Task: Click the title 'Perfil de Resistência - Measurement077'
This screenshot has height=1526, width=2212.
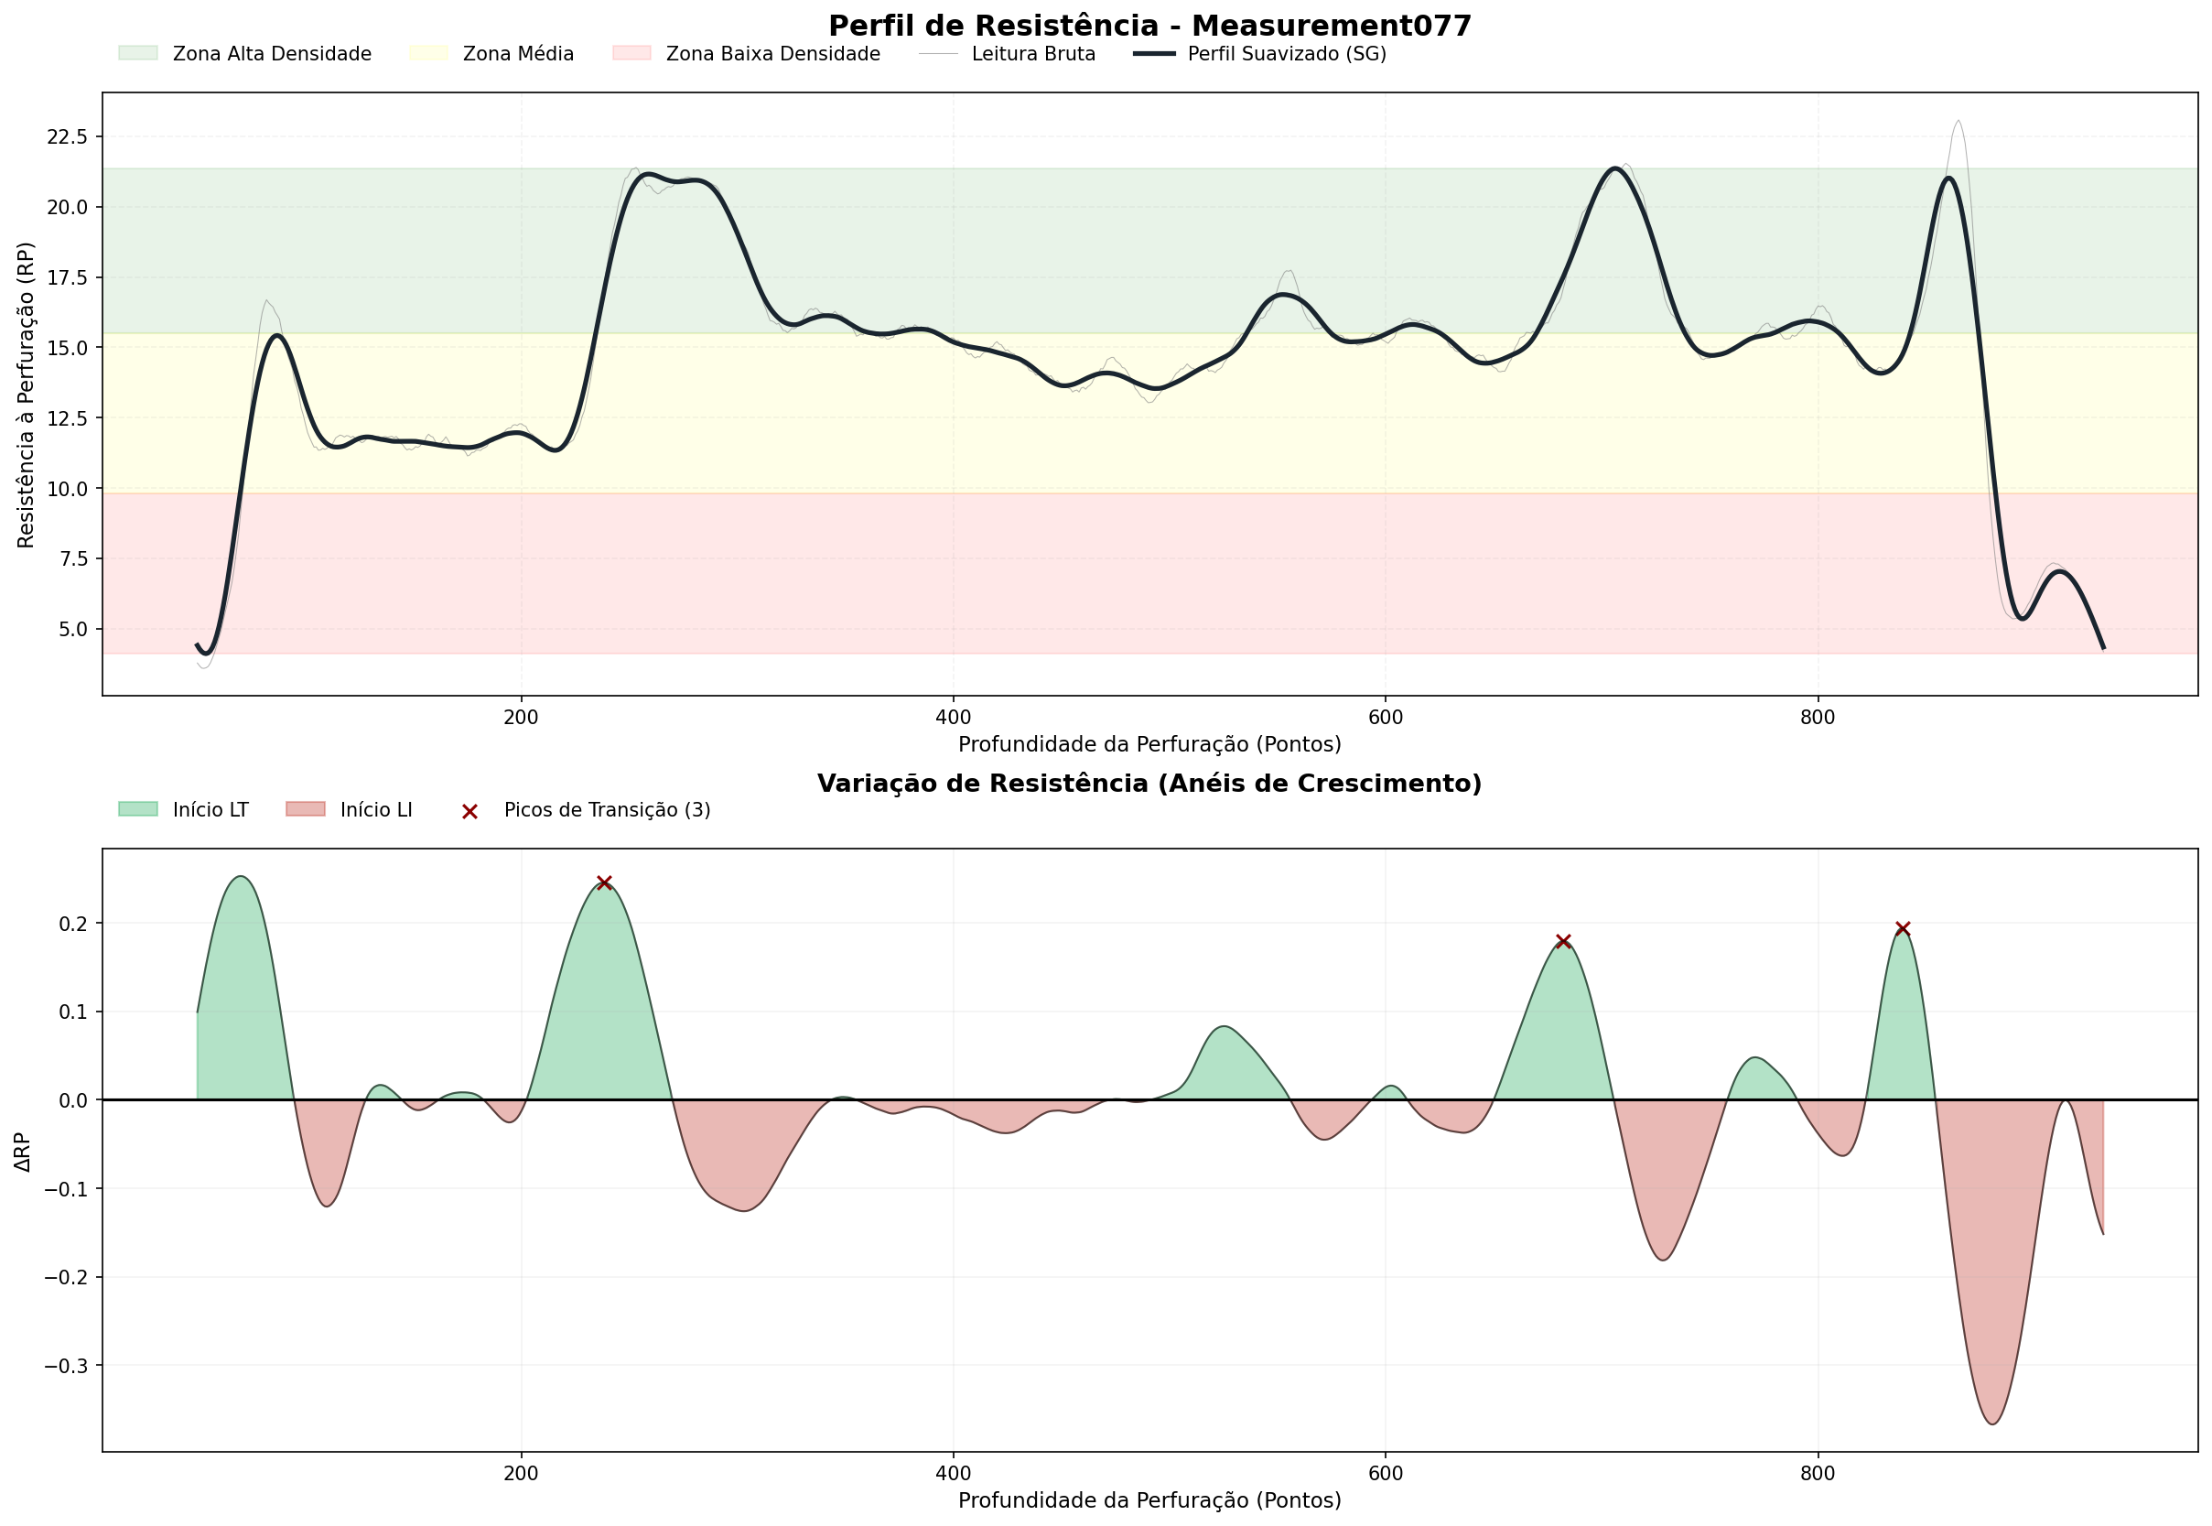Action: (x=1149, y=26)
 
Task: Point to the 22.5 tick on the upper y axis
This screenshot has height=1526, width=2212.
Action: (x=67, y=136)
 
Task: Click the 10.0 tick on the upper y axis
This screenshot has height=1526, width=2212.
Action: (x=67, y=489)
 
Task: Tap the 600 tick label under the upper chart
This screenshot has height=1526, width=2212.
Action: (x=1385, y=717)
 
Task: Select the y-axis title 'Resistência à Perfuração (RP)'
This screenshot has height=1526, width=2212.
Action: (x=26, y=395)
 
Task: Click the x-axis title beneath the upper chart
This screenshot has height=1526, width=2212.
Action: (x=1149, y=745)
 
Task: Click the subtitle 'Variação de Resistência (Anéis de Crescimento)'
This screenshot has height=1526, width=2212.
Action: (x=1149, y=784)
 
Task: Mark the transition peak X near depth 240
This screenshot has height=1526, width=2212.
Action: (x=604, y=882)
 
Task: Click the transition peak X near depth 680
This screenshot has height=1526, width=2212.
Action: (x=1563, y=942)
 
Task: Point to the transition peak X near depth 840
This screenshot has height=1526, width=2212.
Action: (x=1903, y=929)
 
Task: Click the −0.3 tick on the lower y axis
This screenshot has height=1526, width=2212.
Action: (x=67, y=1366)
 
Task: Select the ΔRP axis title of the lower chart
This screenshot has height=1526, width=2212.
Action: (x=23, y=1153)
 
